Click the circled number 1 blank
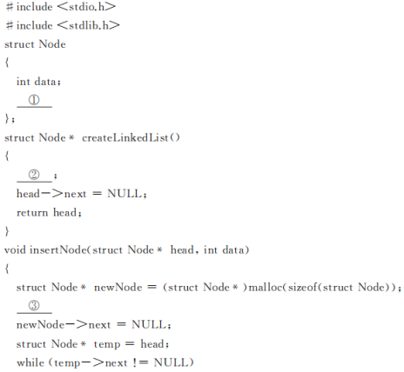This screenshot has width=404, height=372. coord(34,101)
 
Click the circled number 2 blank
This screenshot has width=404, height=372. coord(34,176)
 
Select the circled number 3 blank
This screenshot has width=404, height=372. coord(34,307)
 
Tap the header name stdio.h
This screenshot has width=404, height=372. coord(86,7)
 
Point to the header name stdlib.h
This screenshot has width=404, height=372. coord(89,25)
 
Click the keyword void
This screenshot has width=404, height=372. coord(15,249)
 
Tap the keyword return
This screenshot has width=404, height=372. coord(32,213)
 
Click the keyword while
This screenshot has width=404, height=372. coord(30,362)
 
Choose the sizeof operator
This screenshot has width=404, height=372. coord(302,287)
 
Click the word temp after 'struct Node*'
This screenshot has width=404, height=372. coord(107,344)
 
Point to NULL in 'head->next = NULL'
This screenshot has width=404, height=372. coord(125,194)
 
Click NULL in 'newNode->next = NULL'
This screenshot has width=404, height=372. coord(149,324)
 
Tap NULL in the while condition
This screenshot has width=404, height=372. coord(171,362)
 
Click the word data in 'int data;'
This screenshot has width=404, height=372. coord(45,82)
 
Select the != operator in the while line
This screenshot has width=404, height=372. coord(140,362)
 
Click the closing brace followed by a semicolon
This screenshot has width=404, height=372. coord(10,119)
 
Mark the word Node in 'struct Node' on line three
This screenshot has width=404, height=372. coord(52,44)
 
